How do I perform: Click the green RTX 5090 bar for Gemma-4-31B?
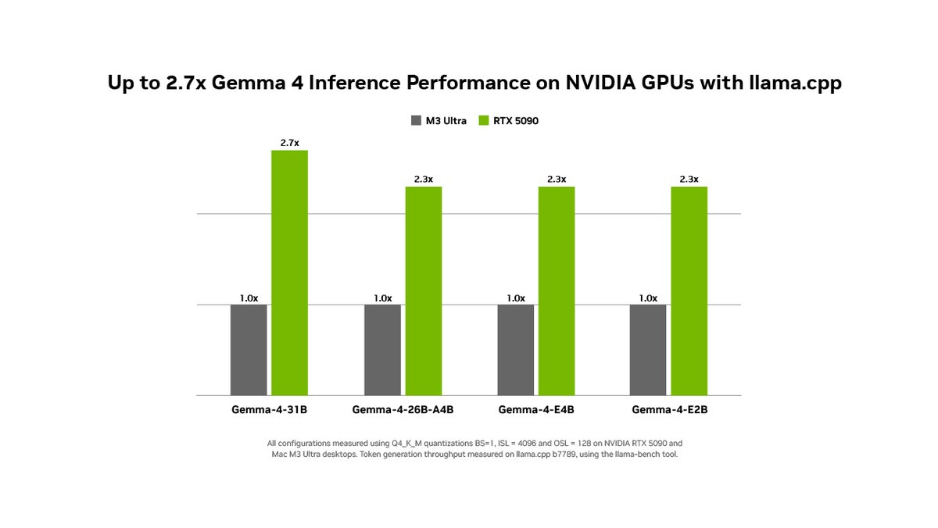pos(289,273)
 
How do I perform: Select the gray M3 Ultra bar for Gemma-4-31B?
pos(249,350)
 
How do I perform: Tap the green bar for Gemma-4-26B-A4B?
pos(423,291)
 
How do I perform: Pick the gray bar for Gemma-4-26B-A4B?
pos(382,350)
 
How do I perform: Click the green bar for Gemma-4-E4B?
pos(556,291)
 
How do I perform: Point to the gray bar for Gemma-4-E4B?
pos(515,350)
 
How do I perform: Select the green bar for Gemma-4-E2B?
pos(689,291)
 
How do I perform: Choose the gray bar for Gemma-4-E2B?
pos(648,350)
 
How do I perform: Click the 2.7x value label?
pos(289,143)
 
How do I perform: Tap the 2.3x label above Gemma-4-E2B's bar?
pos(689,179)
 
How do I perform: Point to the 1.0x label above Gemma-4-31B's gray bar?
pos(249,298)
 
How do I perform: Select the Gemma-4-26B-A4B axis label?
pos(403,409)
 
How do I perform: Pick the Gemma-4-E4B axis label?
pos(535,409)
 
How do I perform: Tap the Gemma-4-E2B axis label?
pos(668,409)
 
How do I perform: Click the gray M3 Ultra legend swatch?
pos(415,121)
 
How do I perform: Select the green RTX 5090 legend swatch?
pos(483,121)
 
